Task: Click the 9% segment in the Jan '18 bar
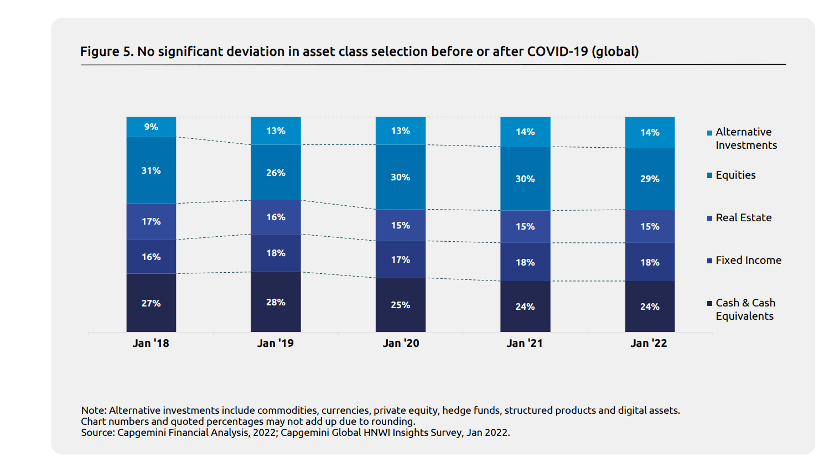point(151,127)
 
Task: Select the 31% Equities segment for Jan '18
point(151,170)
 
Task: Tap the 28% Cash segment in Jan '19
point(276,302)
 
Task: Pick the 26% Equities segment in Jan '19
point(276,173)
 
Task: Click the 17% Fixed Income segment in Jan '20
point(401,259)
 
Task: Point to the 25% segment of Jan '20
point(401,305)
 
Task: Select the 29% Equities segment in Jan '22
point(650,179)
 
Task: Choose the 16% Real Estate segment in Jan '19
point(276,217)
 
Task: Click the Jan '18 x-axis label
point(151,343)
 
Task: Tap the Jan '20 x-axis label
point(401,343)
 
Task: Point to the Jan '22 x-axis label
point(649,343)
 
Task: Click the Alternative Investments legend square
point(709,133)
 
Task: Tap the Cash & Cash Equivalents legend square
point(709,303)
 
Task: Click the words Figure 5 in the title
point(106,51)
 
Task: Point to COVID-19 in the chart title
point(557,51)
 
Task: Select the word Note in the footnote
point(93,410)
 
